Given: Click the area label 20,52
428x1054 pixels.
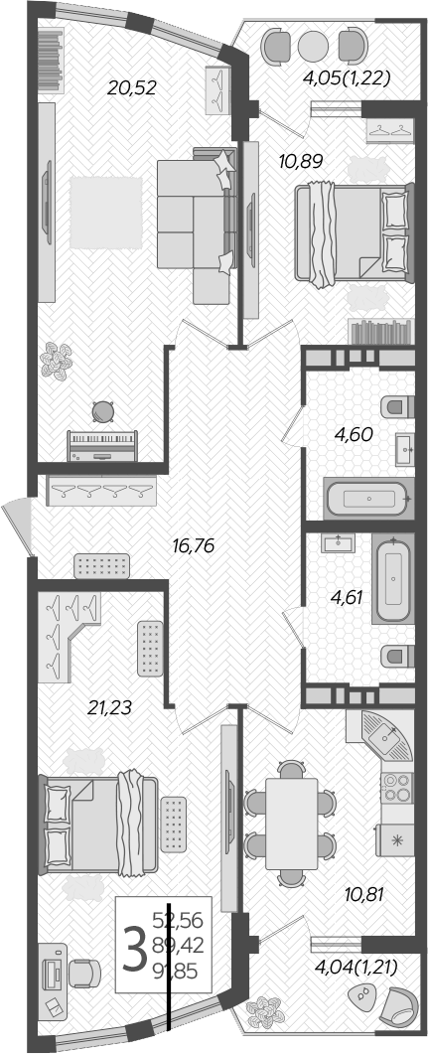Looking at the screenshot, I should coord(132,88).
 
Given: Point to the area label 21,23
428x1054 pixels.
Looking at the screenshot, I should coord(109,708).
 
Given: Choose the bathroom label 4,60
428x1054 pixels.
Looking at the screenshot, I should coord(353,433).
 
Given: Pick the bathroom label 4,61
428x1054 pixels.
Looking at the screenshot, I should coord(351,598).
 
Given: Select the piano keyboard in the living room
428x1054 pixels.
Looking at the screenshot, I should coord(101,444).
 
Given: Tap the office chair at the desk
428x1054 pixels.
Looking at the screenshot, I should coord(86,975).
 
